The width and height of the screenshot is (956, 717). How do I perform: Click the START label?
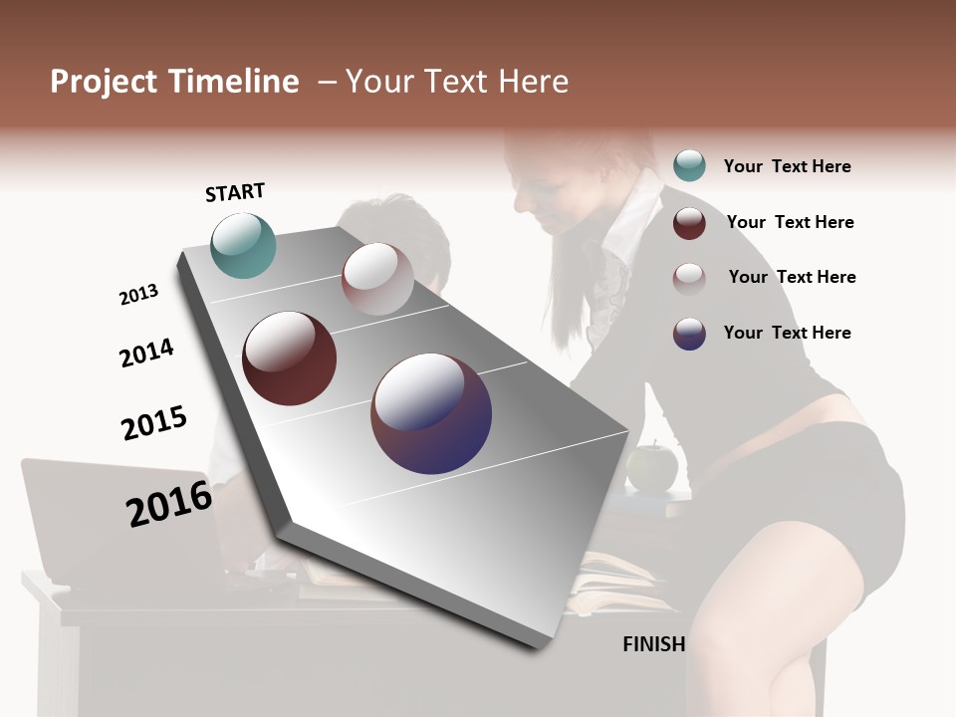(235, 192)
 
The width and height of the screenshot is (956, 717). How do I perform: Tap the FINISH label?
(654, 644)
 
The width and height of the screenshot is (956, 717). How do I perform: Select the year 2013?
(138, 295)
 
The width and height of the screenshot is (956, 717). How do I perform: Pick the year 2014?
(146, 353)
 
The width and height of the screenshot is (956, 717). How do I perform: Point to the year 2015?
(154, 423)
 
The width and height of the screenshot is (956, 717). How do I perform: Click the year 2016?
(169, 504)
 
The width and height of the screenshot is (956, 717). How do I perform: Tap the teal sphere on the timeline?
(244, 245)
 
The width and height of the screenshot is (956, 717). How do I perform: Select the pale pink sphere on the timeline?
(377, 278)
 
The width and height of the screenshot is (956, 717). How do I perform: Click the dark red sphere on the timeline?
(290, 358)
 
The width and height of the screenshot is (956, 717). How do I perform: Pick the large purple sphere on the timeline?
(431, 413)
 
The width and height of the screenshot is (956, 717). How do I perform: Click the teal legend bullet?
(689, 165)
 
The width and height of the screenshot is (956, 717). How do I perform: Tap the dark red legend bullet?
(689, 222)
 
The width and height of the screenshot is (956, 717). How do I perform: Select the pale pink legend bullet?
(689, 278)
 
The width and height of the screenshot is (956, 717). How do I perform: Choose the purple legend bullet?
(689, 333)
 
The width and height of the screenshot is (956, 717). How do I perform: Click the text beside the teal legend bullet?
(787, 166)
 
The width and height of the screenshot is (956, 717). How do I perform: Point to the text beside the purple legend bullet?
(787, 333)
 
